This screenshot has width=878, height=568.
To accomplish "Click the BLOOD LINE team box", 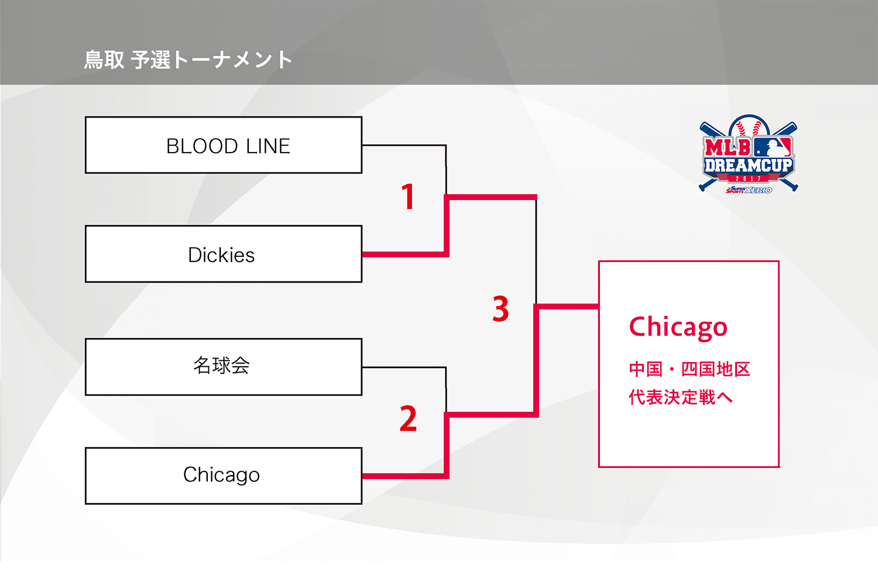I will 223,145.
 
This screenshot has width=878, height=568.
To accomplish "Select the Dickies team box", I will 223,254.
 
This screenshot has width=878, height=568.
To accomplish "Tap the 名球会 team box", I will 223,367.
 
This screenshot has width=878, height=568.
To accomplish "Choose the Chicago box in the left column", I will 223,476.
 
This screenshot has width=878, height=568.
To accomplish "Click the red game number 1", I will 408,197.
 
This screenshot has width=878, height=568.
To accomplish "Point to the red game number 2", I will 408,419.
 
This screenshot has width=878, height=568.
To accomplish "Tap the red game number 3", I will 500,309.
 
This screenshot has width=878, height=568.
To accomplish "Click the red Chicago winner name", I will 678,327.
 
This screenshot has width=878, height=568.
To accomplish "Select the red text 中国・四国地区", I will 689,369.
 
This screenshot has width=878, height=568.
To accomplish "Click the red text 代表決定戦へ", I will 680,397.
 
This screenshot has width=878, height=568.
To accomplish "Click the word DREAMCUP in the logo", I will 748,166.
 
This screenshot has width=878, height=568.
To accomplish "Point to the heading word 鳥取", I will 104,60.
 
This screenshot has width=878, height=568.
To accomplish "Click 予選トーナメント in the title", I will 211,60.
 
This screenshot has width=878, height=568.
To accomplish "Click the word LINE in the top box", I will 268,146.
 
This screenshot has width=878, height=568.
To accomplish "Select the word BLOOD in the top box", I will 202,146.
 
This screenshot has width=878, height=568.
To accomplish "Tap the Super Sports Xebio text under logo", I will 749,190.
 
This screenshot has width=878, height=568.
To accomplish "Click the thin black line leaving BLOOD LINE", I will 404,145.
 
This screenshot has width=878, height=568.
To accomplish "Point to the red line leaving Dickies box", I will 404,254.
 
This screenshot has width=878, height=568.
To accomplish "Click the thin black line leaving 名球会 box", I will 404,367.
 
